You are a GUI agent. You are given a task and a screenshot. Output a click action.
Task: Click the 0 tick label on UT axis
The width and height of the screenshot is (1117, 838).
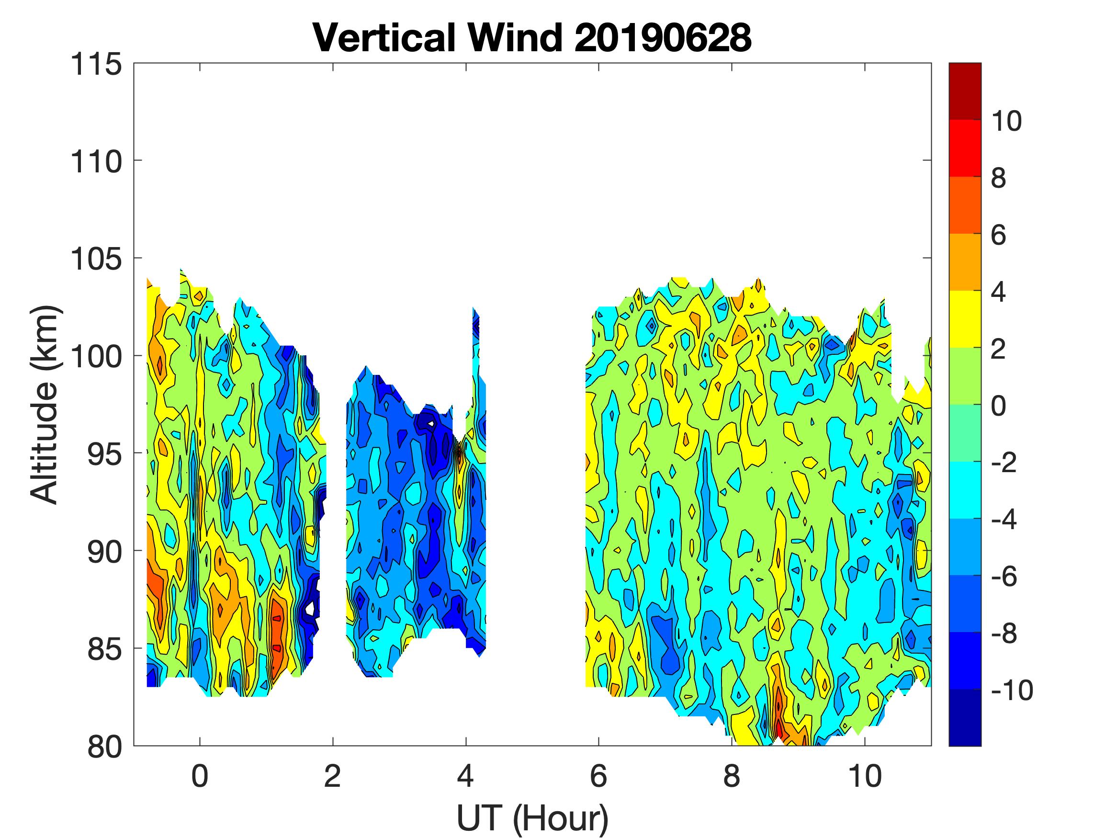point(200,776)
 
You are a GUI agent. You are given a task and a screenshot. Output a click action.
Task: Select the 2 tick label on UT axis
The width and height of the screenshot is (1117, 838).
point(333,776)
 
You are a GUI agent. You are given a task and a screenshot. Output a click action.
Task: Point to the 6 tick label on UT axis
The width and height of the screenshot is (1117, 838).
point(598,776)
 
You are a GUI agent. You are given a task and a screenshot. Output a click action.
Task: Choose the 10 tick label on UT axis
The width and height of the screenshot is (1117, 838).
point(865,776)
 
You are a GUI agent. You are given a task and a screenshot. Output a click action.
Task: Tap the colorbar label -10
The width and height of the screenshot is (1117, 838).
point(1012,690)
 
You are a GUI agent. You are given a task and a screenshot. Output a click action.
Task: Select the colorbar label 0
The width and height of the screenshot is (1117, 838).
point(999,406)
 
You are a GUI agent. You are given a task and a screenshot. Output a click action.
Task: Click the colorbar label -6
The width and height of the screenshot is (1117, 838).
point(1004,577)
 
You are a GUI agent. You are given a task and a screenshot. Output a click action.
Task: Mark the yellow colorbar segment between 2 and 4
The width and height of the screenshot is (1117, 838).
point(964,319)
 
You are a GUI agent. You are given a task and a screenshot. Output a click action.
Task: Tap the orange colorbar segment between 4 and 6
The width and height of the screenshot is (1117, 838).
point(964,261)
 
